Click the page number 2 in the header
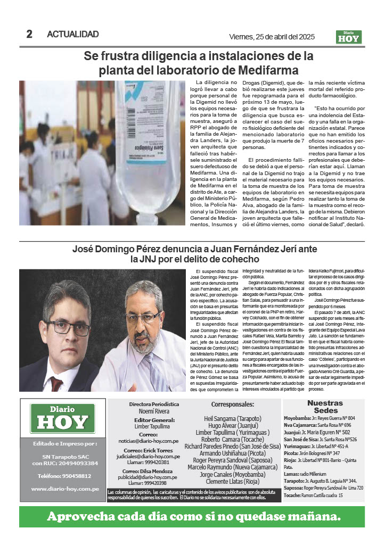[x=30, y=34]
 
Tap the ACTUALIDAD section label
[x=73, y=34]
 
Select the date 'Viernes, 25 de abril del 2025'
[x=272, y=37]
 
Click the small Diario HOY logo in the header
[x=349, y=37]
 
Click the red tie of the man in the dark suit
[x=56, y=382]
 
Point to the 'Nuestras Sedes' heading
[x=325, y=407]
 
